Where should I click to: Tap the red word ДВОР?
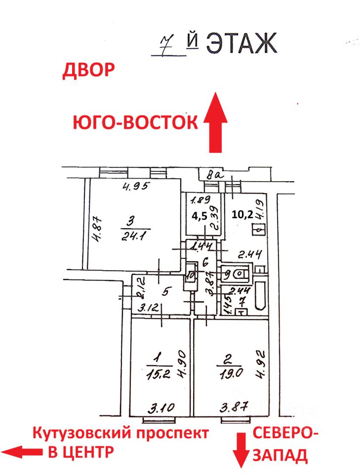(x=88, y=71)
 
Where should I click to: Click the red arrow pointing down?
(x=241, y=450)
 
